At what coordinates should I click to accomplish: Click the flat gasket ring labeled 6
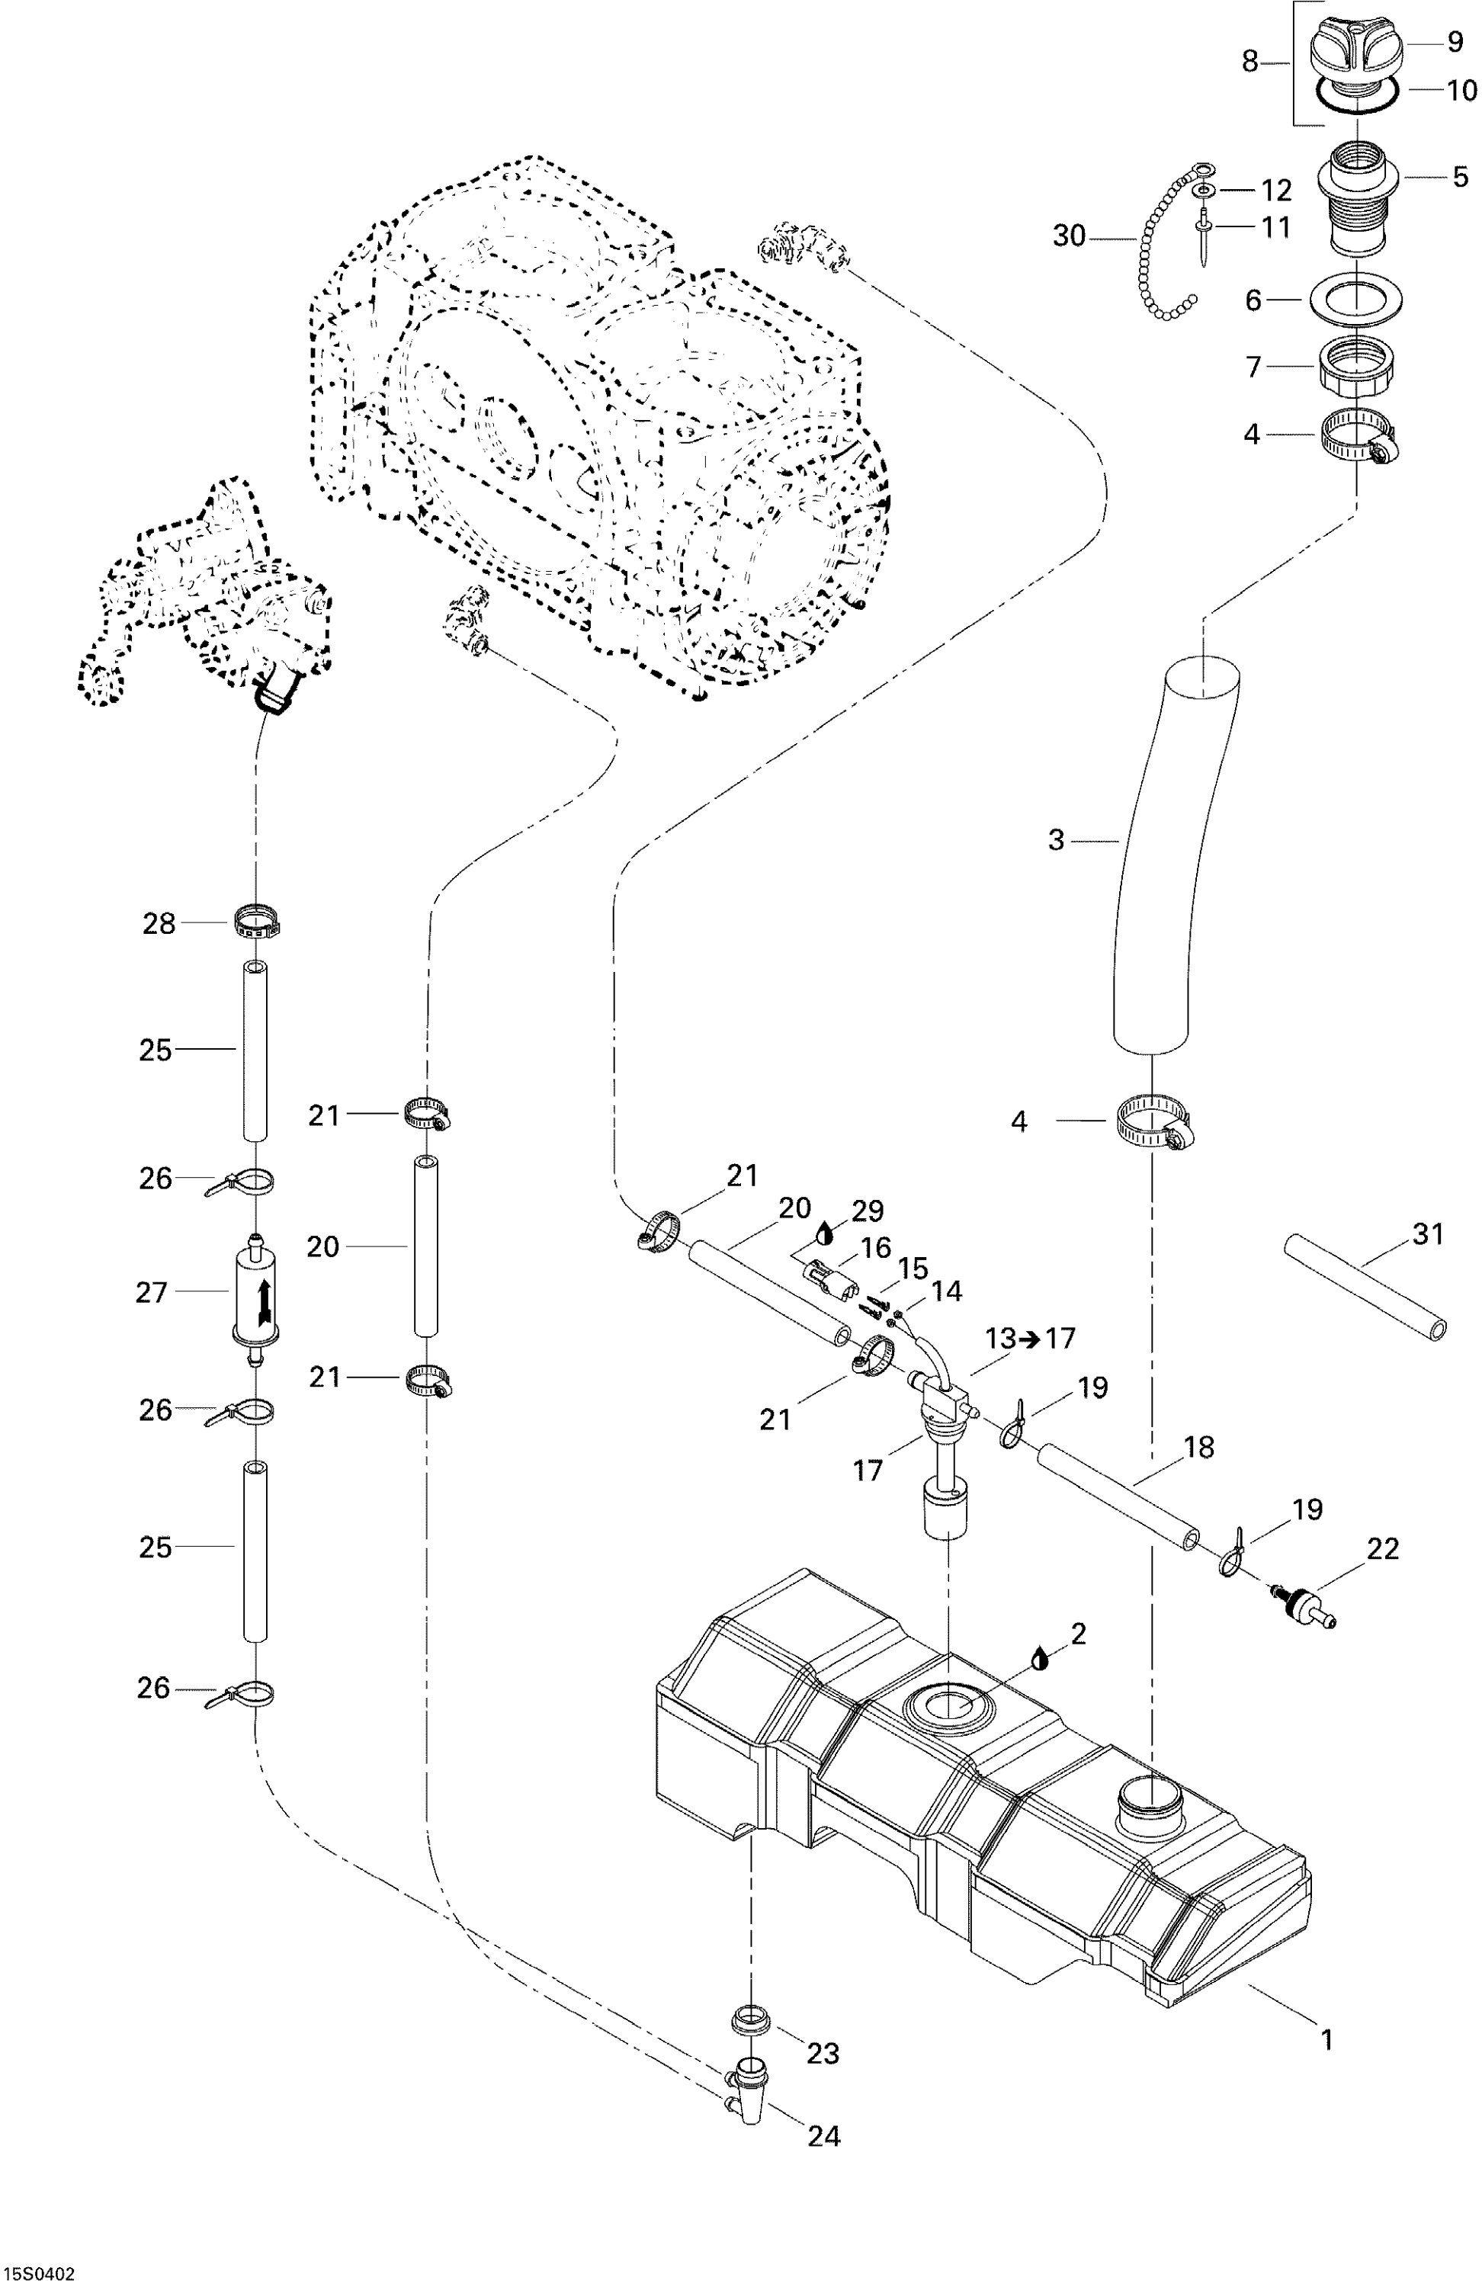pos(1355,300)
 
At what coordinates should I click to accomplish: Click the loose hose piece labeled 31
pos(1365,1286)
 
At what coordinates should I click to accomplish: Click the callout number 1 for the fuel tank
pos(1326,2039)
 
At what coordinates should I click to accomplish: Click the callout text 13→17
pos(1029,1339)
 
